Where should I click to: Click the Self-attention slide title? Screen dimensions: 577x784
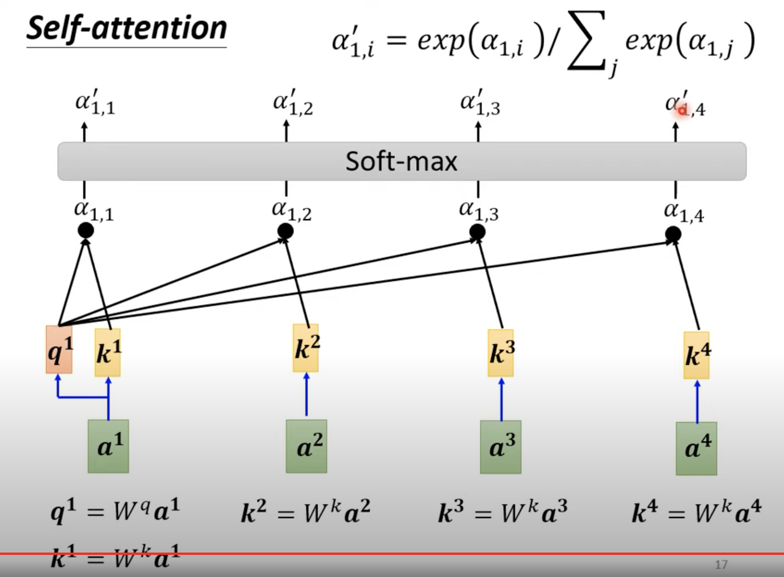(x=127, y=29)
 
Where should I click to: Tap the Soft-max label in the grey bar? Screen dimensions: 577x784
(x=401, y=161)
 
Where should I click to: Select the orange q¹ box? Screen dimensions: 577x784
(x=59, y=350)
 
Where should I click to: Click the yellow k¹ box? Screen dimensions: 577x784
(x=108, y=353)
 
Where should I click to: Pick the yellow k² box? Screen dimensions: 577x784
(x=306, y=348)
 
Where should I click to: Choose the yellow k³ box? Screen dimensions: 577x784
(x=501, y=353)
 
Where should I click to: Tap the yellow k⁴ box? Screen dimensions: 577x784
(x=696, y=355)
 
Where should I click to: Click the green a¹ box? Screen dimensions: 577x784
(x=108, y=446)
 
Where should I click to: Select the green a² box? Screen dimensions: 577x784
(x=306, y=446)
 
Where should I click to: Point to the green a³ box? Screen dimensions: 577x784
(x=501, y=447)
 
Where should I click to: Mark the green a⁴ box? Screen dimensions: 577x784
(x=696, y=449)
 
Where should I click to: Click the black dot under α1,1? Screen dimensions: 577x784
(x=86, y=230)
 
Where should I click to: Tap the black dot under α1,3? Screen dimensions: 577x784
(x=477, y=232)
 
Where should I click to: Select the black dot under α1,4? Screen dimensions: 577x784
(x=673, y=234)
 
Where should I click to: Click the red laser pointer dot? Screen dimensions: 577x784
(x=682, y=111)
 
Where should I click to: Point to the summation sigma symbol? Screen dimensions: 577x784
(x=586, y=41)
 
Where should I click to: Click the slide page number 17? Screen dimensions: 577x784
(x=721, y=565)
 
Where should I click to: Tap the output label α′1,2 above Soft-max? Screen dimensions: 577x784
(x=293, y=103)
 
